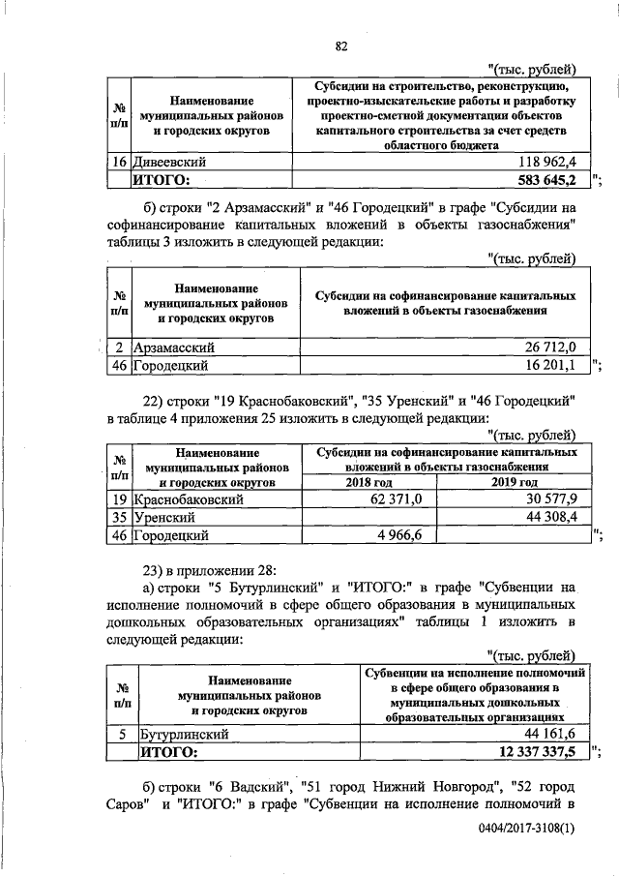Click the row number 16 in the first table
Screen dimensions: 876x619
(x=116, y=162)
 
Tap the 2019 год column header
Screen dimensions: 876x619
(x=515, y=482)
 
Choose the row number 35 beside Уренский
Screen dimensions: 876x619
(x=117, y=517)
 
